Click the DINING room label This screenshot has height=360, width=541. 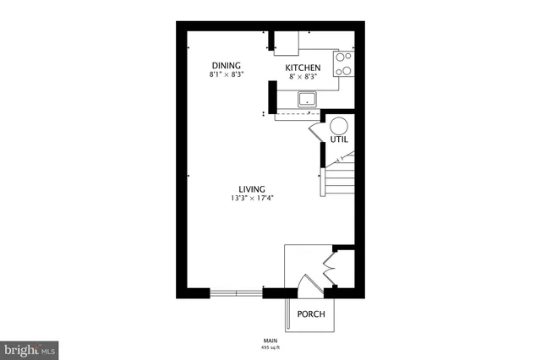[226, 66]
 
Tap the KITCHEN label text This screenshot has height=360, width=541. [302, 68]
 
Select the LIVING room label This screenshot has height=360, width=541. [252, 188]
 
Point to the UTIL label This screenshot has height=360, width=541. [339, 139]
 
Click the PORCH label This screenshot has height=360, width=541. [310, 314]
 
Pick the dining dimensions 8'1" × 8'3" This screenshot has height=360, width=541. [226, 75]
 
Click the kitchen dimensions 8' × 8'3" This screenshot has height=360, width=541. [302, 77]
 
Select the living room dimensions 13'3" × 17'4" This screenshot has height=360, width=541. [252, 199]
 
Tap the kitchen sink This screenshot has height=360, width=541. [307, 100]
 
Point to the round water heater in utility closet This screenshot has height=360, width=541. [338, 125]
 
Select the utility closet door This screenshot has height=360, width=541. [315, 134]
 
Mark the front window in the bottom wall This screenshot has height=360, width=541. [236, 293]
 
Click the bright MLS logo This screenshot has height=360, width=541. [30, 347]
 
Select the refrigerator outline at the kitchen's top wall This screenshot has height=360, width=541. [286, 42]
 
